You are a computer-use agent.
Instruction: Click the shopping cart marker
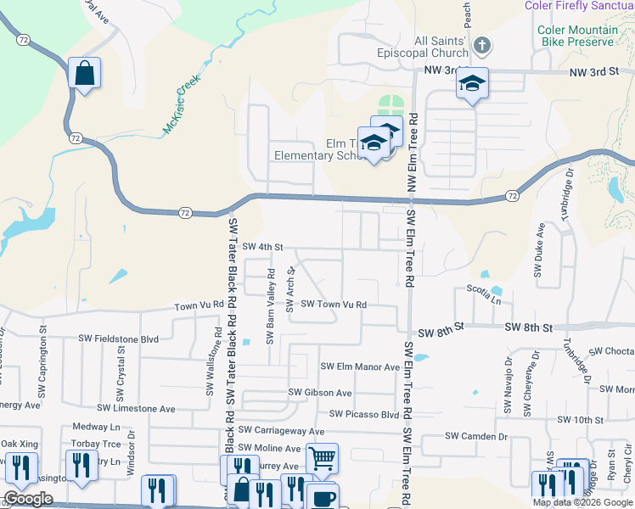(322, 459)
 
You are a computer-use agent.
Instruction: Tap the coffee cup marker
(322, 497)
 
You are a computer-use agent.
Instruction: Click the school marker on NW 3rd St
(472, 84)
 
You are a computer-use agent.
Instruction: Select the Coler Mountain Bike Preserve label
(576, 36)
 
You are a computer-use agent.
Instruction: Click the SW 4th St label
(261, 247)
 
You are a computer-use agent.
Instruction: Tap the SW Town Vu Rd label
(334, 304)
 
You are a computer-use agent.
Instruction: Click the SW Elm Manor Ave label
(360, 367)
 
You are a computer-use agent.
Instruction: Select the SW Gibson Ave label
(319, 393)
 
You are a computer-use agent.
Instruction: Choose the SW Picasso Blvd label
(364, 415)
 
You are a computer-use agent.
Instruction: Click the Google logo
(28, 499)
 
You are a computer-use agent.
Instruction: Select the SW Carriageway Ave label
(282, 431)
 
